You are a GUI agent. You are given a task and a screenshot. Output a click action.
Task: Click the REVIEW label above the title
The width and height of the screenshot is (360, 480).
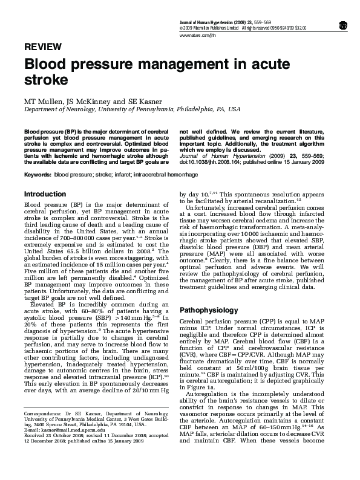point(42,47)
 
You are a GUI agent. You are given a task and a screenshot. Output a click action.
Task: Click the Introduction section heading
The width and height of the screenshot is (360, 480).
point(44,194)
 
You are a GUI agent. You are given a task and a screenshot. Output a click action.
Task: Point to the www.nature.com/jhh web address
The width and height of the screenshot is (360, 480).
point(198,36)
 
